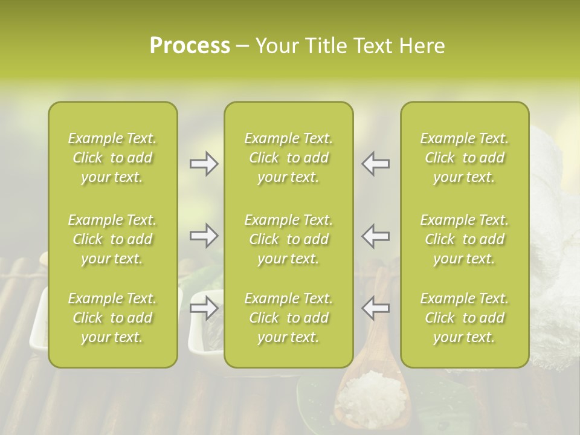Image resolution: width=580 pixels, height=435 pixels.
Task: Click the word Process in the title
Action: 190,46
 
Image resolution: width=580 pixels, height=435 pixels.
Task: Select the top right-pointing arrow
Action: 204,164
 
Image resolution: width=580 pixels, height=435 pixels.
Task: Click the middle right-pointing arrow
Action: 204,236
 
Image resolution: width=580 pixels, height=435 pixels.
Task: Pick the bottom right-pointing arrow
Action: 204,308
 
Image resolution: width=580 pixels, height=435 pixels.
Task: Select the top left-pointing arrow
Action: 376,164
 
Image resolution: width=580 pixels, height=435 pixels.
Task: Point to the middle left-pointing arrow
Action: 376,236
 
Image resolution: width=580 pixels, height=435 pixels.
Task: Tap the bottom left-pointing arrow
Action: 376,308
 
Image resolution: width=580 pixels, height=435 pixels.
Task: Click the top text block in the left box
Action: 112,158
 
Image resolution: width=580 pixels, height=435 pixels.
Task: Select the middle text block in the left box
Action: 112,239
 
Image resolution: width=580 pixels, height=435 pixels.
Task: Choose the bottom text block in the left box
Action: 112,318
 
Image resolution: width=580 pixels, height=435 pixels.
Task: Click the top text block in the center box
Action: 288,158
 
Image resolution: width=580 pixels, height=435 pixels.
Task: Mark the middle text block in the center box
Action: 288,239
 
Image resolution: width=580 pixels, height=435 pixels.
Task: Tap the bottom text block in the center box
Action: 288,318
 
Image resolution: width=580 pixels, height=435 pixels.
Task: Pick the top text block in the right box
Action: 464,158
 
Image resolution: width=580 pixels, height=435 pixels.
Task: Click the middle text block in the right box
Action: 464,239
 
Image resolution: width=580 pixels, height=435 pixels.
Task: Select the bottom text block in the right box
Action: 464,318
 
